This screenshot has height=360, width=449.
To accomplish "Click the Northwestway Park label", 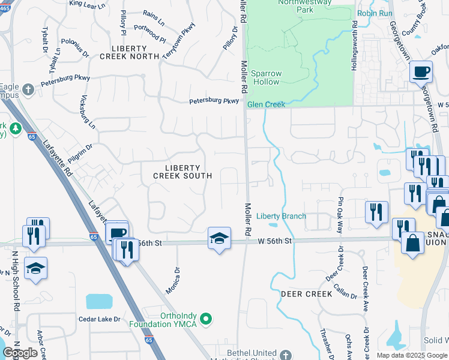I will tap(295, 6).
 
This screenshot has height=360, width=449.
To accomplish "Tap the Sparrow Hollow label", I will tap(267, 77).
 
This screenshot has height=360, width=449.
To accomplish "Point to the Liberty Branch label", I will tap(281, 216).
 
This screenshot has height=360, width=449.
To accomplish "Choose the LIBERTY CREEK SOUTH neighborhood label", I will tap(182, 172).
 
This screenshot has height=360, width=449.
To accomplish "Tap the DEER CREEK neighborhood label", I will tap(306, 294).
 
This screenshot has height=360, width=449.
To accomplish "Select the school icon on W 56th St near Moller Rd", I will tap(219, 239).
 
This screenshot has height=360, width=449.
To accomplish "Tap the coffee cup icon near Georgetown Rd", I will tap(421, 72).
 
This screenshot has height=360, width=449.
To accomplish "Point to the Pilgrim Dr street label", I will tap(80, 149).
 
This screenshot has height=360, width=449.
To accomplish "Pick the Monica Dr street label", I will tap(173, 280).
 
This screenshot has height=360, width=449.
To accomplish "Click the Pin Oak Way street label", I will tap(340, 215).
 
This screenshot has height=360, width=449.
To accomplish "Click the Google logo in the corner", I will tap(20, 353).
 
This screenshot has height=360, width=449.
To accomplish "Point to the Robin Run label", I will tap(375, 13).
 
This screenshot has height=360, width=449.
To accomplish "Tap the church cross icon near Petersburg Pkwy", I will tap(28, 91).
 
